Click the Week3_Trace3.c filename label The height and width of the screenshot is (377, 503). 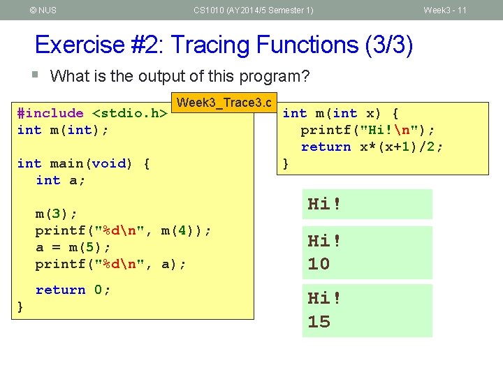pyautogui.click(x=224, y=103)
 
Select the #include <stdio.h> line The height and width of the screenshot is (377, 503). pyautogui.click(x=92, y=113)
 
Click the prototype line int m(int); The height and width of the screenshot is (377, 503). pyautogui.click(x=62, y=130)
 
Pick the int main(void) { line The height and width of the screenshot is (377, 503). pyautogui.click(x=83, y=163)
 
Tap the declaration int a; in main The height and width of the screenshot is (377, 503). pyautogui.click(x=61, y=180)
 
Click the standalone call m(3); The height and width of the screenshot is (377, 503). pyautogui.click(x=57, y=213)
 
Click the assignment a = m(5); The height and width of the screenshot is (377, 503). pyautogui.click(x=73, y=247)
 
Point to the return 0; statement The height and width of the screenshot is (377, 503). pyautogui.click(x=73, y=290)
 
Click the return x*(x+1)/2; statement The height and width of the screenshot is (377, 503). pyautogui.click(x=372, y=147)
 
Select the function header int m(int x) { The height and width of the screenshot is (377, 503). pyautogui.click(x=340, y=113)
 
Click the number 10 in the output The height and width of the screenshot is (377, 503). pyautogui.click(x=319, y=264)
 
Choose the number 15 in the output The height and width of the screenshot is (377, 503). pyautogui.click(x=319, y=322)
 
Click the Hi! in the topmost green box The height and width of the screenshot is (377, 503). pyautogui.click(x=325, y=205)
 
